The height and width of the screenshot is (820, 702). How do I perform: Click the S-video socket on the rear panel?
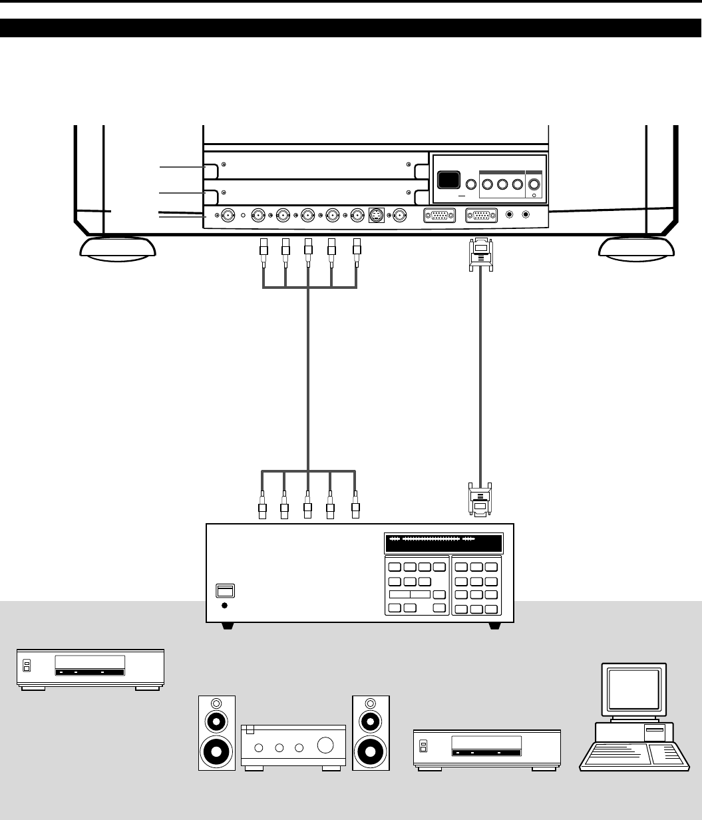(x=376, y=216)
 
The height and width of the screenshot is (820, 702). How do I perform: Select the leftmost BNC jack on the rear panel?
(x=228, y=216)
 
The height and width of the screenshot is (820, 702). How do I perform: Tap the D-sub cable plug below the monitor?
(x=480, y=254)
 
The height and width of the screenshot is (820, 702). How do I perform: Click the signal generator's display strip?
(x=443, y=542)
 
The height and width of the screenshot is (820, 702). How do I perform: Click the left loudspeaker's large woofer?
(x=217, y=750)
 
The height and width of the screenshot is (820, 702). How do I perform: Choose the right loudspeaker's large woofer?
(x=371, y=750)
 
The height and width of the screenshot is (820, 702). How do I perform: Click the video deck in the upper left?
(x=90, y=667)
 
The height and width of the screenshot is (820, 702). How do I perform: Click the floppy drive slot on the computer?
(x=654, y=731)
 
